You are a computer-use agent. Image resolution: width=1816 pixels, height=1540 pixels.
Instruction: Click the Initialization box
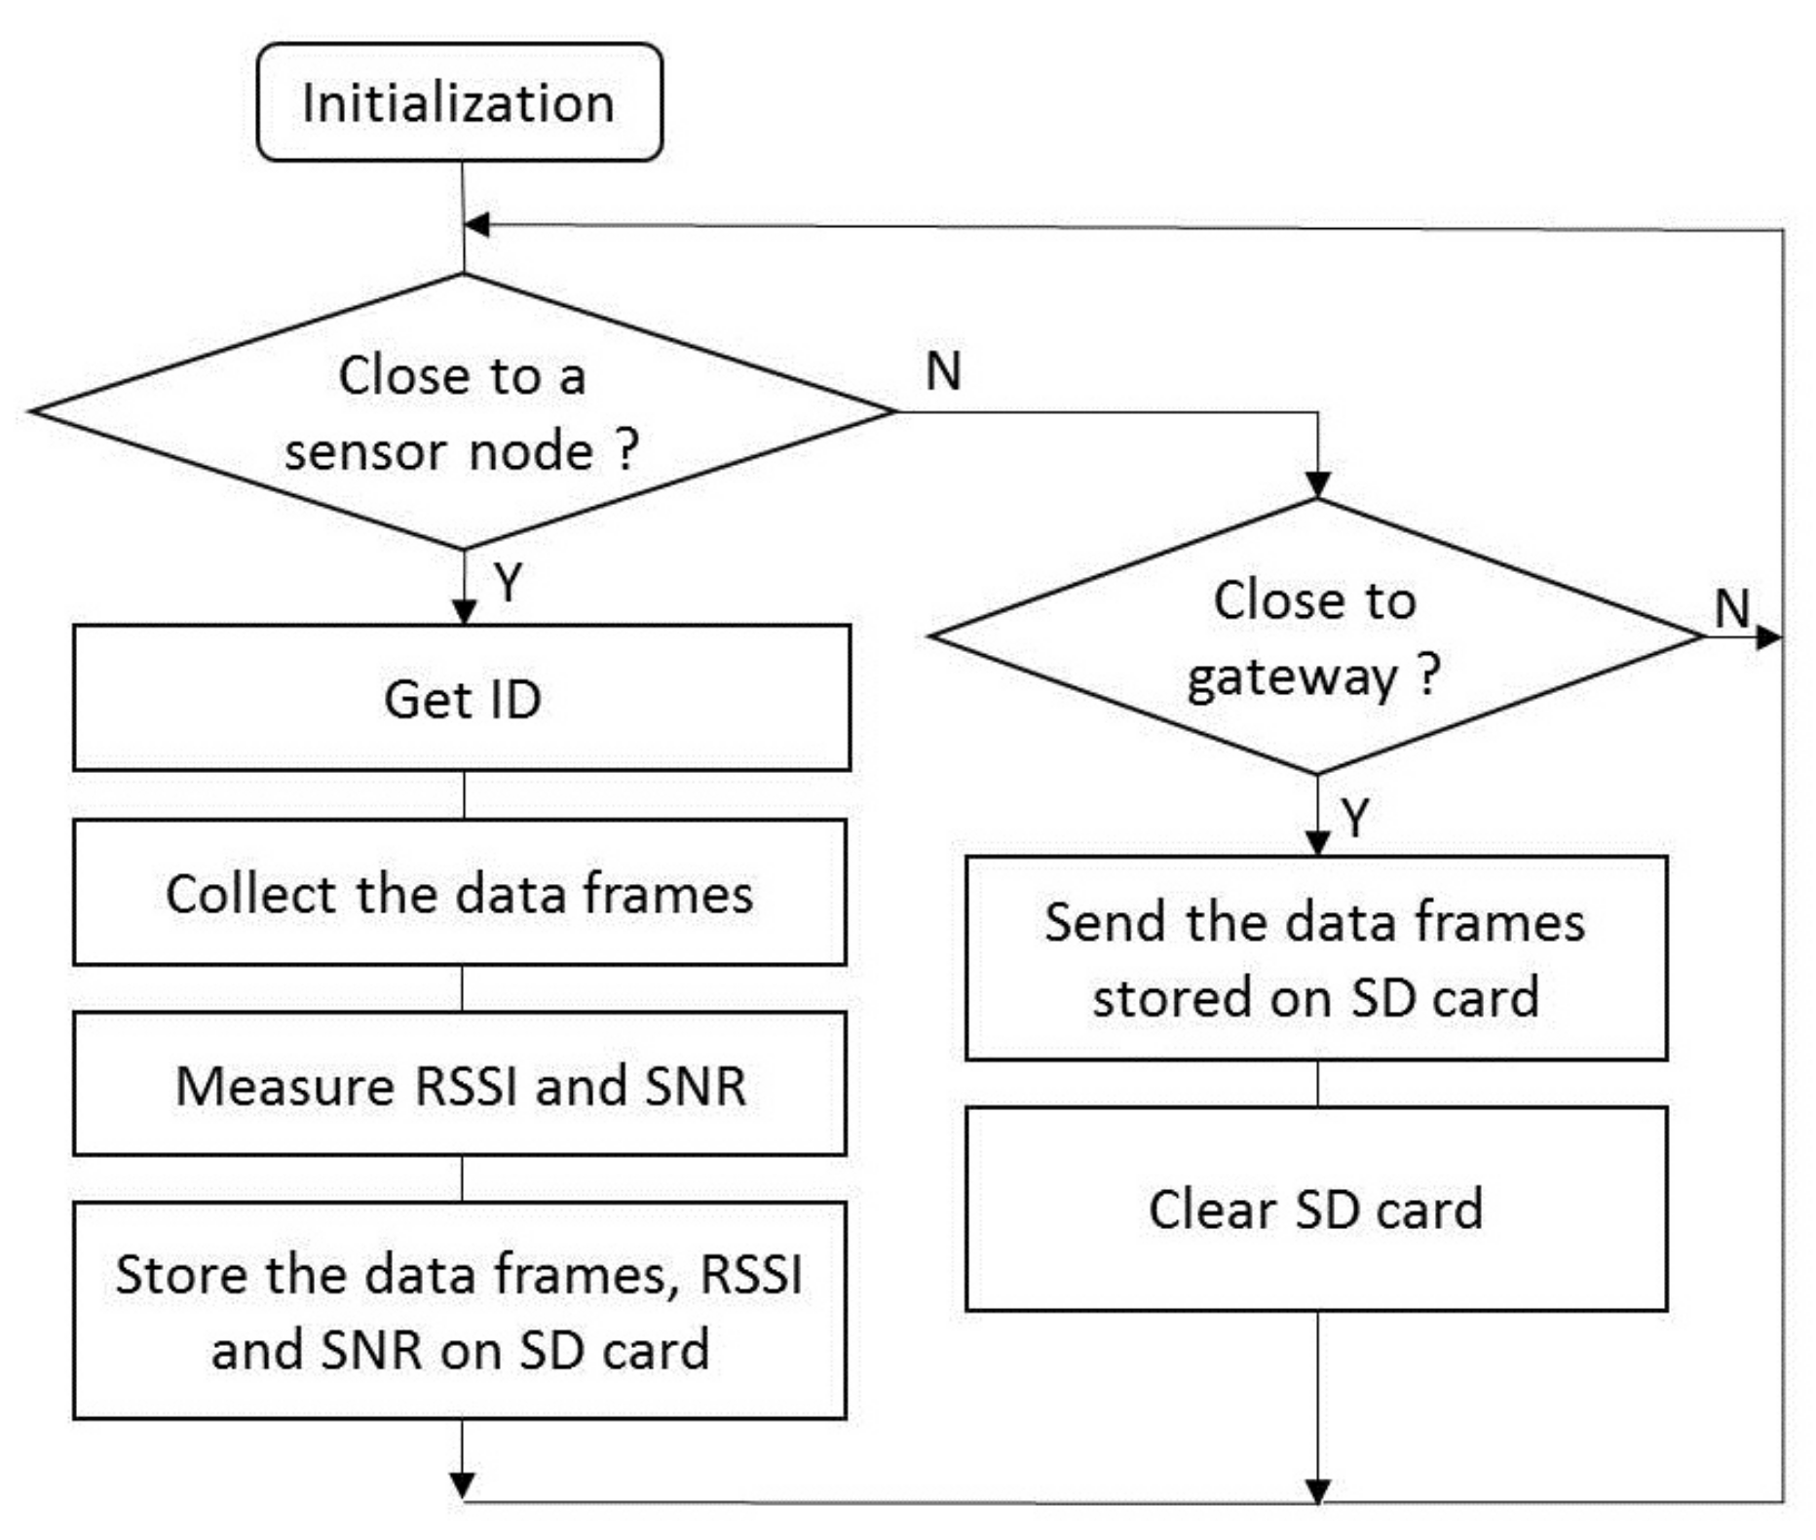[x=459, y=102]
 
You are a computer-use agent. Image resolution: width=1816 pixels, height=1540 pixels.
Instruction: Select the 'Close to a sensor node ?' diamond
[x=462, y=411]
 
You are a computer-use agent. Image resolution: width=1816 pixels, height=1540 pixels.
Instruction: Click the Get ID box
[x=462, y=698]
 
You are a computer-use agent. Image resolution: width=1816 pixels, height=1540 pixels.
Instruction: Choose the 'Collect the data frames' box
[x=460, y=893]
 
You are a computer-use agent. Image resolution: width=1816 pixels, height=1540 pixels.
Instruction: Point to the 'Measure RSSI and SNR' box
[x=460, y=1084]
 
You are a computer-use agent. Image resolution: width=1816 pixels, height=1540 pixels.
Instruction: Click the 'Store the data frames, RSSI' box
[x=460, y=1310]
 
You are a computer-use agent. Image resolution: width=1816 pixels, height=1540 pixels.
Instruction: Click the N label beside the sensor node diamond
[x=943, y=370]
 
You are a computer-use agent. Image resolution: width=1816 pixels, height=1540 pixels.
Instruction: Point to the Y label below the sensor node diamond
[x=508, y=583]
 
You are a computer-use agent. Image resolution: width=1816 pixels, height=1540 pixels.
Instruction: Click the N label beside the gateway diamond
[x=1732, y=608]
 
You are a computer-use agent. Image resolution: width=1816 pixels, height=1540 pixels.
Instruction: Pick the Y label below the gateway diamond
[x=1355, y=817]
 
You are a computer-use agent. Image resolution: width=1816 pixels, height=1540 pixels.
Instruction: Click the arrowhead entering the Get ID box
[x=465, y=612]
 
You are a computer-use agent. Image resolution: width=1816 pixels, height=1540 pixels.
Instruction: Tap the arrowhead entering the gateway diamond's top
[x=1317, y=484]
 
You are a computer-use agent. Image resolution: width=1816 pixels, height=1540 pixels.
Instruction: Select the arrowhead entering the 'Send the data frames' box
[x=1317, y=843]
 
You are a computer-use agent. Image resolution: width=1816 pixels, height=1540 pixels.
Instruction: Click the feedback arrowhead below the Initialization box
[x=477, y=225]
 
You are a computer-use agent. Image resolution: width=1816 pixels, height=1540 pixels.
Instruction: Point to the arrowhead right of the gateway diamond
[x=1768, y=637]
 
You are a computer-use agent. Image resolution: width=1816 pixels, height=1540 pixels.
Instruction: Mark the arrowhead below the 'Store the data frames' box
[x=463, y=1483]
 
